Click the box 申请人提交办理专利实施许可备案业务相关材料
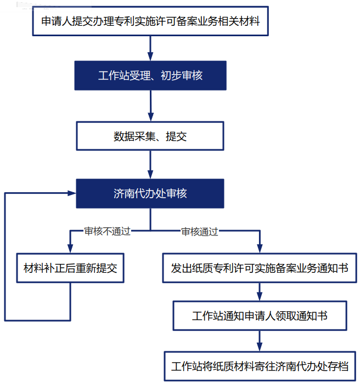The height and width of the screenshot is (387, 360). coord(150,21)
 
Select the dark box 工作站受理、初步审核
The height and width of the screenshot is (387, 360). coord(150,75)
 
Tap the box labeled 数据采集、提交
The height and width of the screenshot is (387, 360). coord(150,136)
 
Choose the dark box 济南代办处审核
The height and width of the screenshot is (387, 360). coord(150,193)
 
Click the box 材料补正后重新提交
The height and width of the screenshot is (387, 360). coord(70,269)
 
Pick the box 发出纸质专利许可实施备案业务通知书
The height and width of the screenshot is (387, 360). coord(260,268)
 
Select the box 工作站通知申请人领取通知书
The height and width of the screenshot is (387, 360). coord(260,316)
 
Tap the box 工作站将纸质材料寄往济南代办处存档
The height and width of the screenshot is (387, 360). coord(260,366)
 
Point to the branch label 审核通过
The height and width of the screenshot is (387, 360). coord(200,231)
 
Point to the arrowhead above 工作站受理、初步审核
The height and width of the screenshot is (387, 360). coord(150,56)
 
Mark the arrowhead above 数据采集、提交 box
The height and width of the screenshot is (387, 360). coord(150,117)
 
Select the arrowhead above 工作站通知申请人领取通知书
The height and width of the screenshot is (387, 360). coord(260,296)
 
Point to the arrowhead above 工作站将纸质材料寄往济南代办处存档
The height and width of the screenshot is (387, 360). coord(260,346)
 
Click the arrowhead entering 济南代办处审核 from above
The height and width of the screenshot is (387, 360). coord(150,174)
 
